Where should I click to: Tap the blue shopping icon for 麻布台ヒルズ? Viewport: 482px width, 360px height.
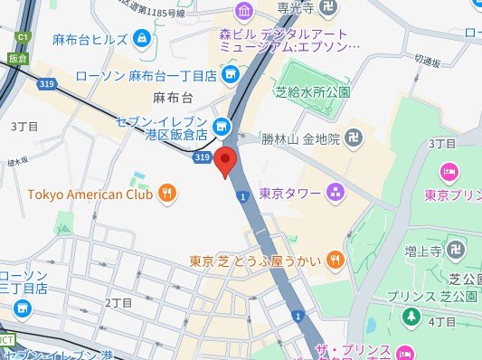point(142,39)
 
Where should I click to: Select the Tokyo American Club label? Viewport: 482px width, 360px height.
point(90,192)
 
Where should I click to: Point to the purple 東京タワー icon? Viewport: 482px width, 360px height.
point(334,191)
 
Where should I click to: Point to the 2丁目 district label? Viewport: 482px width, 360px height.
point(118,301)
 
